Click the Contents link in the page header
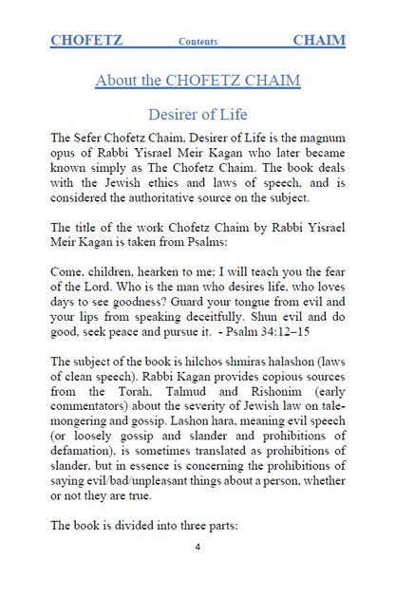pyautogui.click(x=197, y=43)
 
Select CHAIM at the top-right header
pyautogui.click(x=319, y=41)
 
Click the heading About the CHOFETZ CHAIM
pyautogui.click(x=197, y=81)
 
